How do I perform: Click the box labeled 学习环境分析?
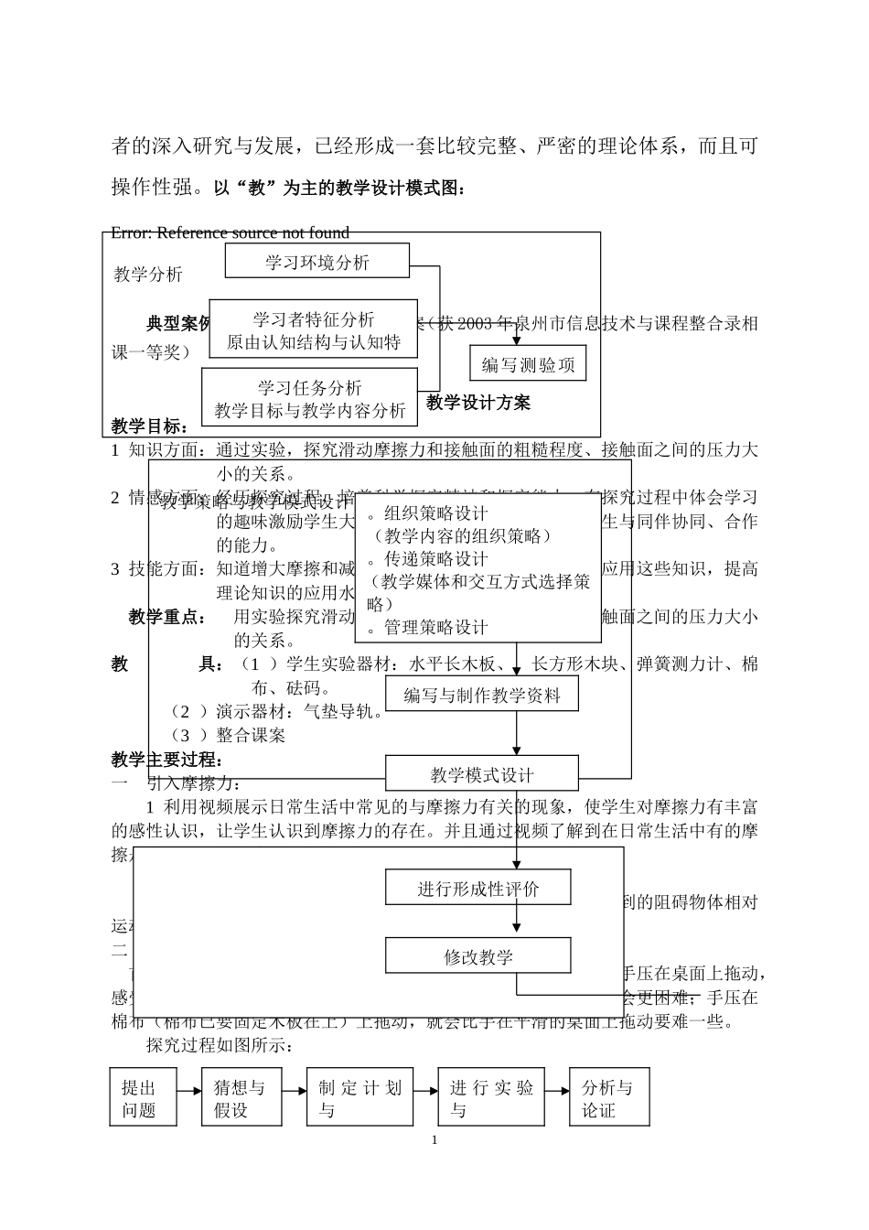coord(317,262)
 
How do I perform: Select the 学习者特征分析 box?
coord(313,330)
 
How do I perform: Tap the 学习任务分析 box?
coord(309,399)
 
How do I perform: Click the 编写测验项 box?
coord(528,364)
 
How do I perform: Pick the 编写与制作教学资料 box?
coord(482,695)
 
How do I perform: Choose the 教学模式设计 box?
coord(482,774)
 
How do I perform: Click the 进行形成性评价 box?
coord(478,888)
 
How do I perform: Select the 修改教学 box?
coord(478,956)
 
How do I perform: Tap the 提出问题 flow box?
coord(143,1096)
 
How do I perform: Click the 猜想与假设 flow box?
coord(241,1096)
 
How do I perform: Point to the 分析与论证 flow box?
coord(609,1096)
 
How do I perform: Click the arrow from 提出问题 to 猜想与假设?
coord(189,1091)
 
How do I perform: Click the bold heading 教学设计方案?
coord(478,403)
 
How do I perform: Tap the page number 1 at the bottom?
coord(434,1139)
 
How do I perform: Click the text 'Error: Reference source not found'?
coord(230,232)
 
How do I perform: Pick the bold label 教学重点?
coord(167,617)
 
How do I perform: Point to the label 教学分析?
coord(148,274)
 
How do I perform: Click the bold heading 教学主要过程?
coord(167,760)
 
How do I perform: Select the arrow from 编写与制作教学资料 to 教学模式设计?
coord(517,734)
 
